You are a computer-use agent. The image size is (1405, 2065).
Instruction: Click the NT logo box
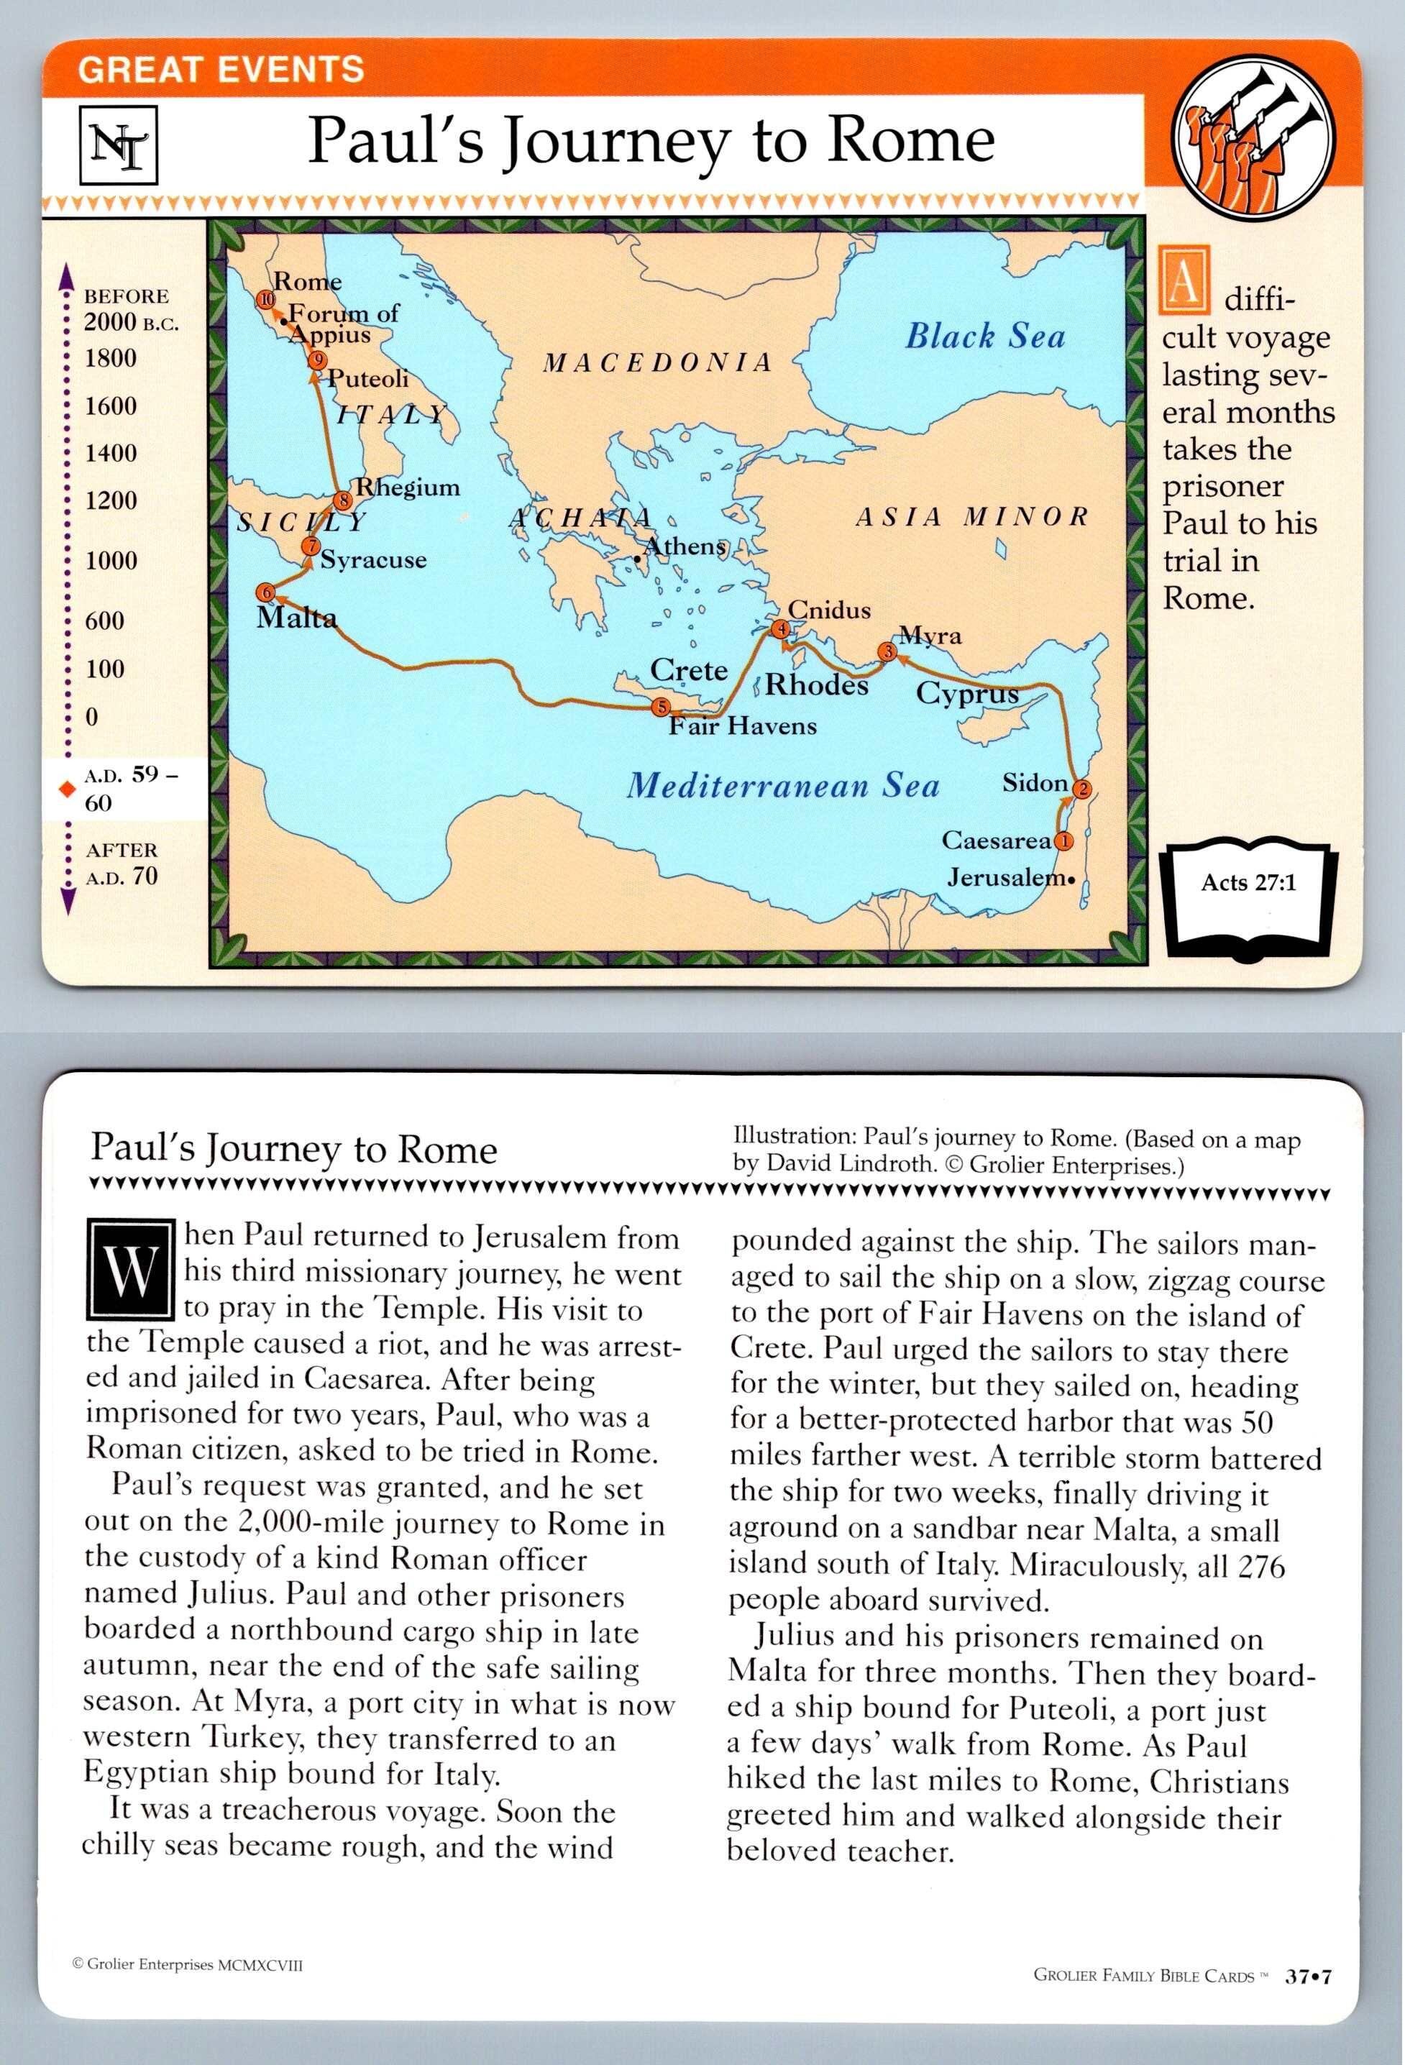point(119,143)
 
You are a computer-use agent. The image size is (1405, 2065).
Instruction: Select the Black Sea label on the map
point(984,336)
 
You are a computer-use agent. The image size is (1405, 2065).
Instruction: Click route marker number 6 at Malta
point(265,592)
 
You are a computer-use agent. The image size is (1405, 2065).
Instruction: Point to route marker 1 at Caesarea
point(1063,840)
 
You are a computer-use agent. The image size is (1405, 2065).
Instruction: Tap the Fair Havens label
point(742,727)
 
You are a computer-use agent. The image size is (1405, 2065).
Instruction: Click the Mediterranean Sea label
point(782,785)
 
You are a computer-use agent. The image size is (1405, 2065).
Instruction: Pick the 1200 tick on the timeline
point(111,500)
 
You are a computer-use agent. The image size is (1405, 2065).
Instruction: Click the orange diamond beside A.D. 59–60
point(64,788)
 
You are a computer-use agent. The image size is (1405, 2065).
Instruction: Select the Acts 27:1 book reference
point(1248,882)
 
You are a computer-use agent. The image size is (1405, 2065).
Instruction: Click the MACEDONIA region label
point(658,362)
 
